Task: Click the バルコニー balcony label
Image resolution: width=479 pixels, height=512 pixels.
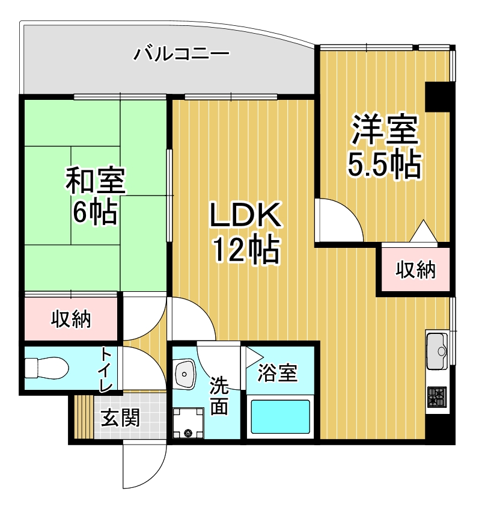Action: pos(181,55)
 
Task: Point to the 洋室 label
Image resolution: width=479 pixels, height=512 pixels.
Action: pos(384,130)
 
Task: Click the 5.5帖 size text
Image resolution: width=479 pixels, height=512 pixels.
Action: pos(384,163)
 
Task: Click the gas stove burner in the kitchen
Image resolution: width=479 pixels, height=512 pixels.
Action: pos(438,397)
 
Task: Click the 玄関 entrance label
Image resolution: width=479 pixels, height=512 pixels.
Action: pos(120,417)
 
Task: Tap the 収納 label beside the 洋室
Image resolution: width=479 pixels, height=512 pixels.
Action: pos(415,271)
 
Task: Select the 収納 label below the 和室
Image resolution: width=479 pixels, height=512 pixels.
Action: pos(71,319)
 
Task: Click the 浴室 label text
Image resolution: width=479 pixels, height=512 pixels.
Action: pos(277,373)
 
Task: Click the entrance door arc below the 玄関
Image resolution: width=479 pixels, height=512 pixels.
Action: pos(144,466)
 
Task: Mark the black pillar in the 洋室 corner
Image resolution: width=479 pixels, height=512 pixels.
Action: pos(438,96)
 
